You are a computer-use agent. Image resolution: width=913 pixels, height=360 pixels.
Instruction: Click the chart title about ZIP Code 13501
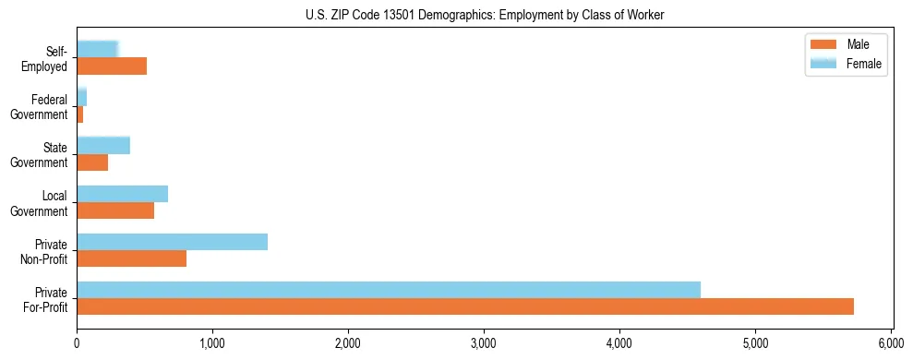485,15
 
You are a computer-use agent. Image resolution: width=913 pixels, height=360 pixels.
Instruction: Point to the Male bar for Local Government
115,210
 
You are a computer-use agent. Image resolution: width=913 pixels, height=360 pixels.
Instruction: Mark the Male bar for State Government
92,162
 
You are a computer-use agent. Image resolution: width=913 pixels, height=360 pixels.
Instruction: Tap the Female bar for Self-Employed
97,49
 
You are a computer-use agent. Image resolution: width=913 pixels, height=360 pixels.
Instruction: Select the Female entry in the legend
845,64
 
